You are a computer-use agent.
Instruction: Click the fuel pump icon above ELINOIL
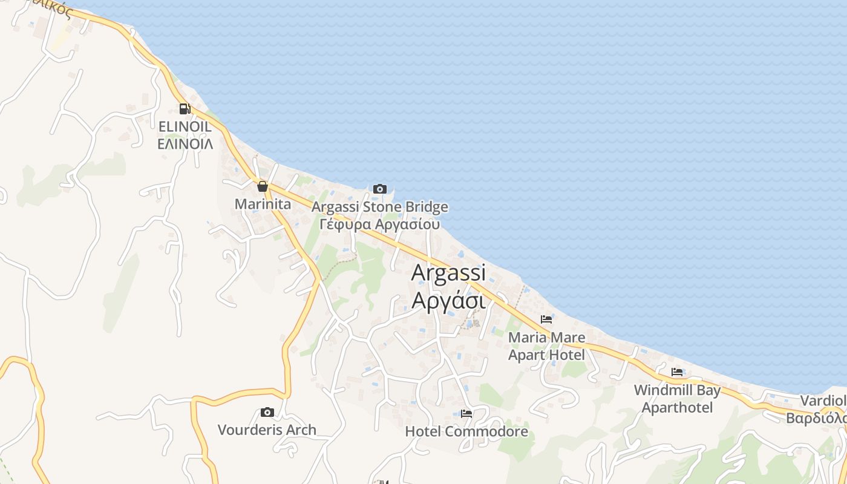184,109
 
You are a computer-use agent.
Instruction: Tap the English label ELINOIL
185,127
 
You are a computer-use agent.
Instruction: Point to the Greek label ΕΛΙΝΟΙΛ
185,144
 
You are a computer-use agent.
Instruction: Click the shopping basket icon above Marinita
262,186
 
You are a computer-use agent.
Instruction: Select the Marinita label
263,204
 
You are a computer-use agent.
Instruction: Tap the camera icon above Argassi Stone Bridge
379,189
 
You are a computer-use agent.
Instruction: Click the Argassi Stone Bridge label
379,207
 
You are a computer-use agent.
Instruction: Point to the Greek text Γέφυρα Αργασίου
379,224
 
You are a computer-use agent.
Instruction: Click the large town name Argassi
448,273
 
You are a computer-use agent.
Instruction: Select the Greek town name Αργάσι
448,299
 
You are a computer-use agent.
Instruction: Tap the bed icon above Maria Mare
546,319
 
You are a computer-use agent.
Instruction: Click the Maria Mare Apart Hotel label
546,346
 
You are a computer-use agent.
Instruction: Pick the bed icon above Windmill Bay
676,372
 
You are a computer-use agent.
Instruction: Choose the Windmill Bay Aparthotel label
677,399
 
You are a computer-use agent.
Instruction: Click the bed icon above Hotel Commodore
466,414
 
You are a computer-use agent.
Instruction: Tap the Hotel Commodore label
466,431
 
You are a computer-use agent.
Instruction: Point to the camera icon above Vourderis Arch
267,413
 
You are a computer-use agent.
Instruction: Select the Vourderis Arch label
267,430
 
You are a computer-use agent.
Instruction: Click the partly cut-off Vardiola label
823,401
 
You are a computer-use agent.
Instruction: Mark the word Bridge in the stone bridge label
426,207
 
